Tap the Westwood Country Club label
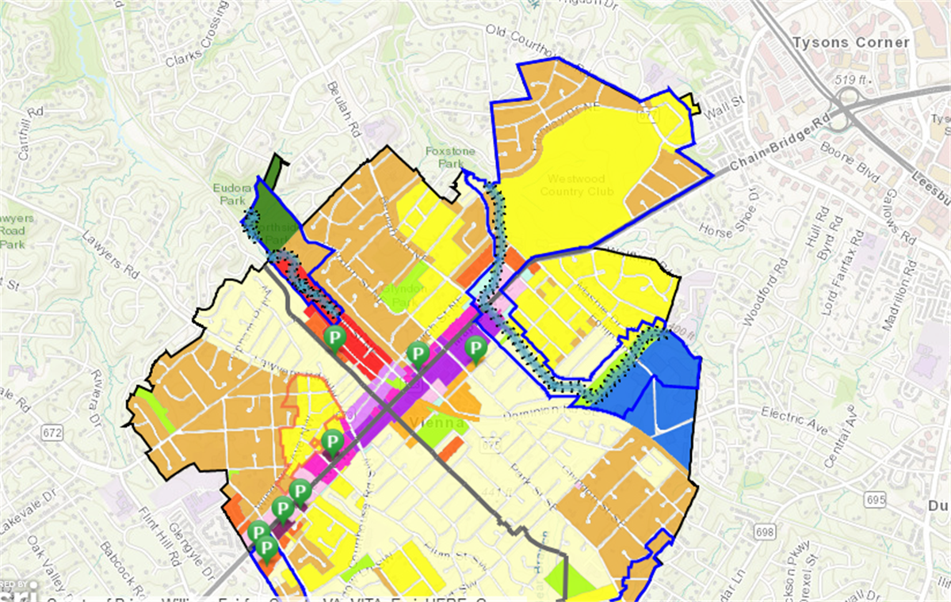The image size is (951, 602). click(578, 185)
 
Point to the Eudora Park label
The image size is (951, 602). click(231, 194)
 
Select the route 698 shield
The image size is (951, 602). click(764, 531)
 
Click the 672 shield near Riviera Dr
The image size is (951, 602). click(53, 432)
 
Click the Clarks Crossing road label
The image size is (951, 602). click(195, 48)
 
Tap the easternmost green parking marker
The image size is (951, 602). click(475, 348)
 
